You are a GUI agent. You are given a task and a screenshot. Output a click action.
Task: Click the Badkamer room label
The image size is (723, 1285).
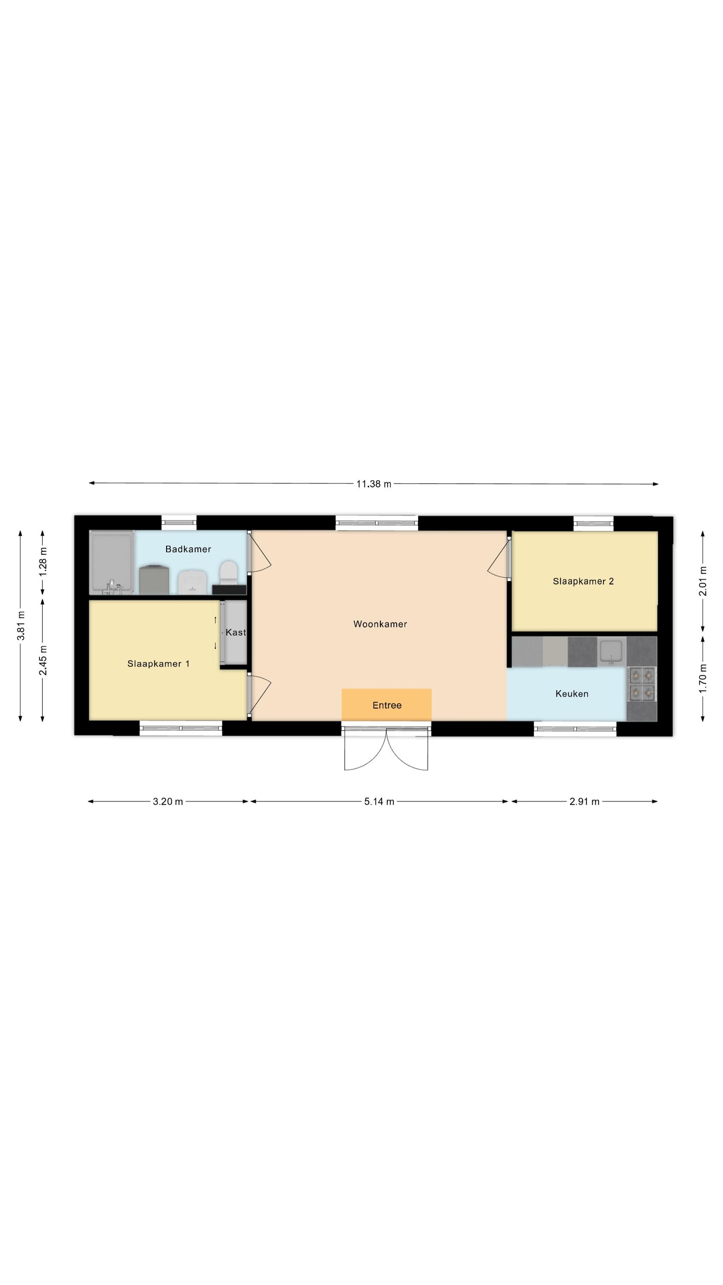click(188, 549)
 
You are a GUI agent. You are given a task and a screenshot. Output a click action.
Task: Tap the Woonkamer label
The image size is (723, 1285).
click(380, 624)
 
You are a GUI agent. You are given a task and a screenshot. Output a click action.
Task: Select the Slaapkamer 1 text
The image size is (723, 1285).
click(158, 663)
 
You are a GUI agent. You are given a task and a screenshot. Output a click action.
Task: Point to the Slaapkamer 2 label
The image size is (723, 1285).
click(583, 581)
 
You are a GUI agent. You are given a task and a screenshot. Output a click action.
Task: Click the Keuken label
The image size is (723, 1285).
click(572, 693)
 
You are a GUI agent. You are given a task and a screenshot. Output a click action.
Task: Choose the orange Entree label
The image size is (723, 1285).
click(387, 705)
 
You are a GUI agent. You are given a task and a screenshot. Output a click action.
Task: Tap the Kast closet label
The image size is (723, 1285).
click(236, 632)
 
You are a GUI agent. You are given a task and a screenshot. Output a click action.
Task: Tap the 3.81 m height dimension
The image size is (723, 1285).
click(21, 625)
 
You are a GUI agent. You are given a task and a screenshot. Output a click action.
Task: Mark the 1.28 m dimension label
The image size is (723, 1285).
click(43, 562)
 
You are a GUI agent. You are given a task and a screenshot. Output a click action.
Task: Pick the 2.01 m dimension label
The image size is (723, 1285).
click(702, 581)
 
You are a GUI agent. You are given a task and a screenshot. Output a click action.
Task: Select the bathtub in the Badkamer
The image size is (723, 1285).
click(112, 562)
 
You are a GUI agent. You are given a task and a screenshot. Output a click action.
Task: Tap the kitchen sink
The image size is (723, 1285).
click(611, 651)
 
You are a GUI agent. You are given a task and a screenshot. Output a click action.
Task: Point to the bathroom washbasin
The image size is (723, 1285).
click(192, 582)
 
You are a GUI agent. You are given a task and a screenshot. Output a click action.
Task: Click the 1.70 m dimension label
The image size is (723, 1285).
click(702, 678)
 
